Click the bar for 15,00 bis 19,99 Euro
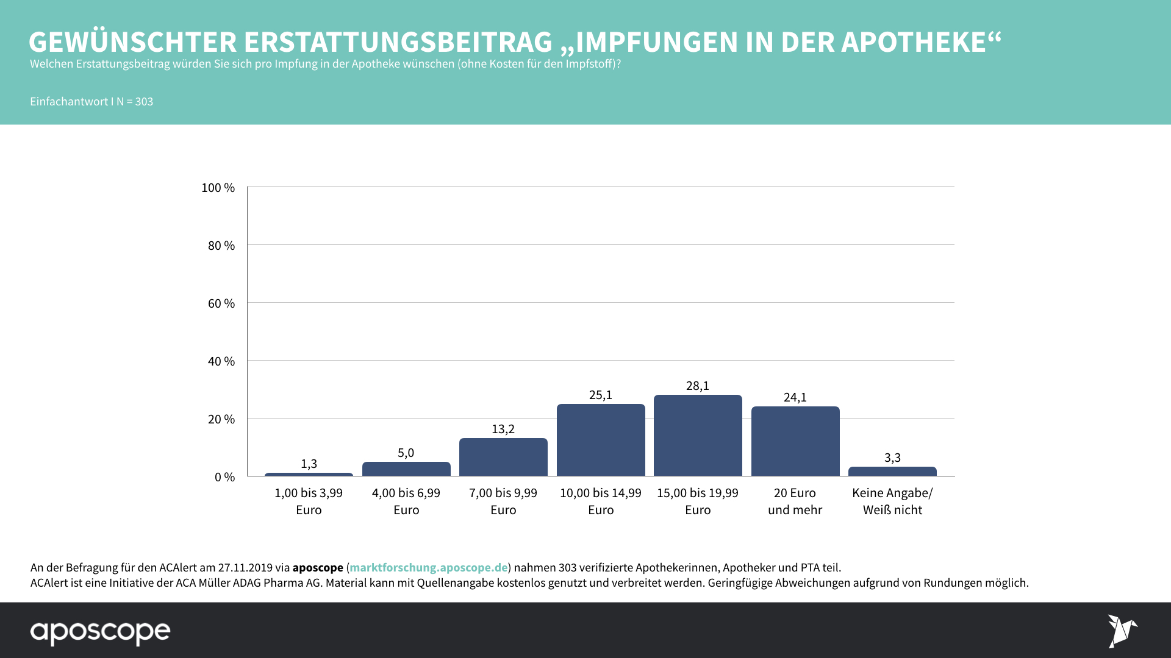click(x=698, y=436)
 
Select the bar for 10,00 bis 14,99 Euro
click(x=601, y=440)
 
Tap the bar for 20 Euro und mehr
click(x=795, y=441)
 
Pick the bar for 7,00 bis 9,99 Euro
click(x=503, y=457)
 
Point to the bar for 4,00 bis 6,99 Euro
click(x=406, y=469)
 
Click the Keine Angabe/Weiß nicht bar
click(x=892, y=472)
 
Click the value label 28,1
click(x=698, y=386)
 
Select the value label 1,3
click(x=309, y=464)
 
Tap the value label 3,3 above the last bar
click(x=892, y=458)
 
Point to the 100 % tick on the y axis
click(x=218, y=188)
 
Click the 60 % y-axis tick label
click(x=221, y=303)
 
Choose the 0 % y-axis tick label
click(x=224, y=477)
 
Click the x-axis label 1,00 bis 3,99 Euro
click(x=309, y=501)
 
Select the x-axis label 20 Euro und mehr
click(x=795, y=501)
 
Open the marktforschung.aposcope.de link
click(x=428, y=567)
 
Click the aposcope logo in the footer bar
click(x=101, y=632)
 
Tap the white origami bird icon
click(x=1122, y=631)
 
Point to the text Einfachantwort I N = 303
click(x=91, y=102)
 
